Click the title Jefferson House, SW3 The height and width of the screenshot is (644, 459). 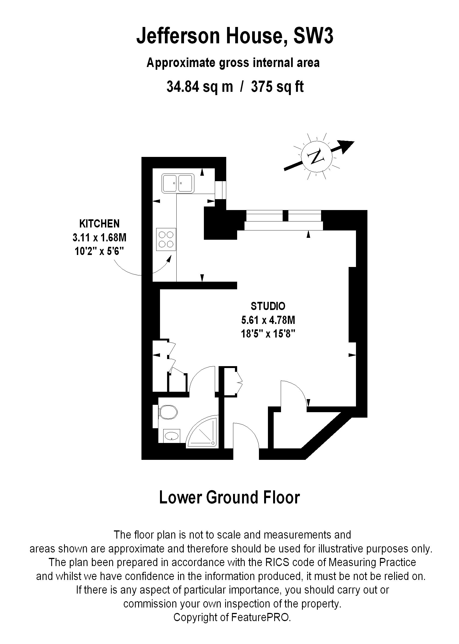(235, 36)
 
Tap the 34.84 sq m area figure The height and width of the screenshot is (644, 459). (200, 87)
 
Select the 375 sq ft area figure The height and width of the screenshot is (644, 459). (277, 87)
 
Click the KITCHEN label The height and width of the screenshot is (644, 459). (99, 224)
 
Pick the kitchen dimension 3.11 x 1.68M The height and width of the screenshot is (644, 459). (99, 238)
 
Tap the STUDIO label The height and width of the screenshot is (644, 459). (268, 306)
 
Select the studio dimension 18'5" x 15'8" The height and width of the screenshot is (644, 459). (268, 334)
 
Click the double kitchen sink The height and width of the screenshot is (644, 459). (178, 183)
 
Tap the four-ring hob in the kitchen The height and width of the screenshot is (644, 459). (166, 239)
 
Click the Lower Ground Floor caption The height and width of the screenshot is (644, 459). (230, 497)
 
